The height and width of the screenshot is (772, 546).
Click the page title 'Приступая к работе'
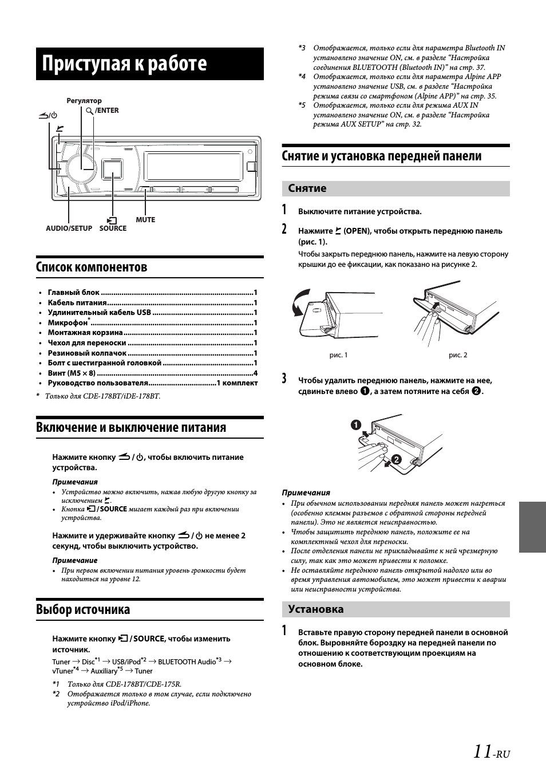124,64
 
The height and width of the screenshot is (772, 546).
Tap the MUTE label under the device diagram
145,219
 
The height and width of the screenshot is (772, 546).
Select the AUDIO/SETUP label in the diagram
69,228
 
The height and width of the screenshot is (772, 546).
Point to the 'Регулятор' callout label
84,101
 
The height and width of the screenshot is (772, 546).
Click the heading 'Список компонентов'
92,267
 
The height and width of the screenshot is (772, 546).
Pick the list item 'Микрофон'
68,323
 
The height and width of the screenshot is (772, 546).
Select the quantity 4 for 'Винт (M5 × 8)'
255,373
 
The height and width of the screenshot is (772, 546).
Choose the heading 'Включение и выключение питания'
131,427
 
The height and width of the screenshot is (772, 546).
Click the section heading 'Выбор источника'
83,609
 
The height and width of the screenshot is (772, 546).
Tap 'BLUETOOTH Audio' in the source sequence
187,662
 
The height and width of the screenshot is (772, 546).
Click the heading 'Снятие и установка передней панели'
382,156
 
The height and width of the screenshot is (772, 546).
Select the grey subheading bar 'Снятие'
395,188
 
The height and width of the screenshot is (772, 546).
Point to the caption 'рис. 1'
338,355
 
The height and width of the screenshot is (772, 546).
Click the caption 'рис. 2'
458,355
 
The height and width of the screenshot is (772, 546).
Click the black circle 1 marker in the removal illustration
356,424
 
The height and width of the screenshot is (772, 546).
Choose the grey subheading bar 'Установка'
395,609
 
